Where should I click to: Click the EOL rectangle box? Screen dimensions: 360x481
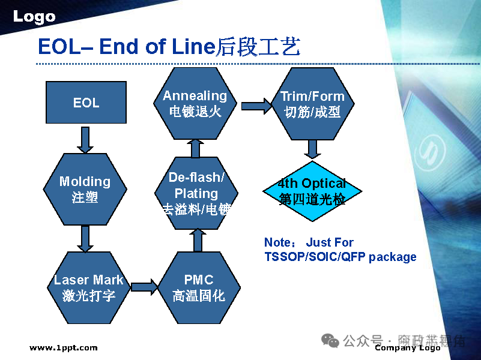86,103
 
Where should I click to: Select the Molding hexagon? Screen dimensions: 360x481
85,190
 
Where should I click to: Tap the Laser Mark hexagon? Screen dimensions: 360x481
88,287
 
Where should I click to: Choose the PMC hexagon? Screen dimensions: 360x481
198,287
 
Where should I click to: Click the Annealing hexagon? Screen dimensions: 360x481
195,103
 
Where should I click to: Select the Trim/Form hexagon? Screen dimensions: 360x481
312,103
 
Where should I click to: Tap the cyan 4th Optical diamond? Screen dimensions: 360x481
312,191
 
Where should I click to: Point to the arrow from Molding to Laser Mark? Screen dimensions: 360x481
86,238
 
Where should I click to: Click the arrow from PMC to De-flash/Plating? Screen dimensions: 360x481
198,241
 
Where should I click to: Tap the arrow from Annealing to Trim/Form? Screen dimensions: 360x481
256,106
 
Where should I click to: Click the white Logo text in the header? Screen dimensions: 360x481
34,17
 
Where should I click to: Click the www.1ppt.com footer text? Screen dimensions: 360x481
63,347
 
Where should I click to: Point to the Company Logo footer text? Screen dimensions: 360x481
407,348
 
